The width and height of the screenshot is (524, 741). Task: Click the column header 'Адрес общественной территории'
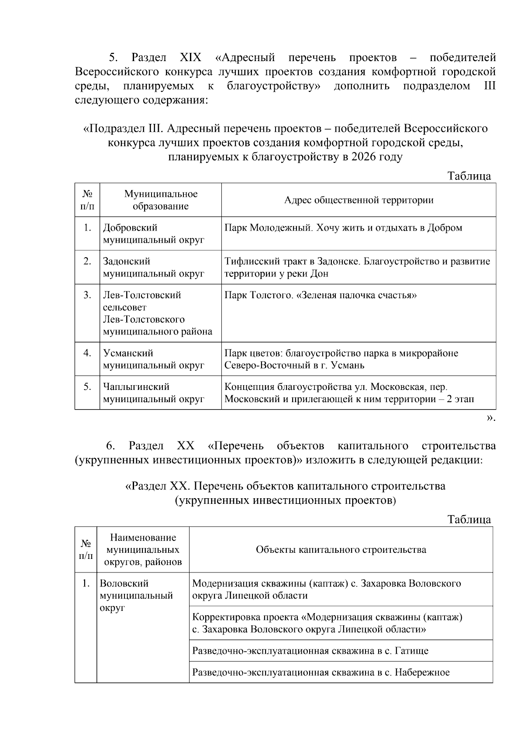tap(359, 200)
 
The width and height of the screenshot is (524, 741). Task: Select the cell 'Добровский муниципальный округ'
tap(153, 234)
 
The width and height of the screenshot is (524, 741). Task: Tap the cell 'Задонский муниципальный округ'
tap(153, 267)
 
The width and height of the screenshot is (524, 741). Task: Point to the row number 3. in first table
tap(87, 295)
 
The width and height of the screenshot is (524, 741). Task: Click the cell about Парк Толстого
tap(321, 296)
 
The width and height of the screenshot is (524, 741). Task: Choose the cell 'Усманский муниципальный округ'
tap(153, 359)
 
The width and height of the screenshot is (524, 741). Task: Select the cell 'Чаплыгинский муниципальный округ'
tap(153, 393)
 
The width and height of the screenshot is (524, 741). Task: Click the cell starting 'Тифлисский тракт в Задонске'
tap(357, 267)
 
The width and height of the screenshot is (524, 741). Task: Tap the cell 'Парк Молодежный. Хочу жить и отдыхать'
tap(343, 228)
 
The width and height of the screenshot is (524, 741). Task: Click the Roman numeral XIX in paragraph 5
tap(190, 57)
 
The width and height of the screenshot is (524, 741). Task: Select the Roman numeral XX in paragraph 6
tap(186, 446)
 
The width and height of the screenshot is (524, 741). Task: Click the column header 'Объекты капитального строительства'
tap(341, 549)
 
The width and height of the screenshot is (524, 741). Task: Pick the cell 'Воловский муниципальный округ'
tap(136, 596)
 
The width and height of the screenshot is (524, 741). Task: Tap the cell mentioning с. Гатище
tap(310, 651)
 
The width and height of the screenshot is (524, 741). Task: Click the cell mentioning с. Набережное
tap(321, 672)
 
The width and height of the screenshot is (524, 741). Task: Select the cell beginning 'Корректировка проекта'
tap(327, 623)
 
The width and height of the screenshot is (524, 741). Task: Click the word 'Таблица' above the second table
tap(469, 519)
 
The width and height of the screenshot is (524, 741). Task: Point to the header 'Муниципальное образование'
tap(161, 200)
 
